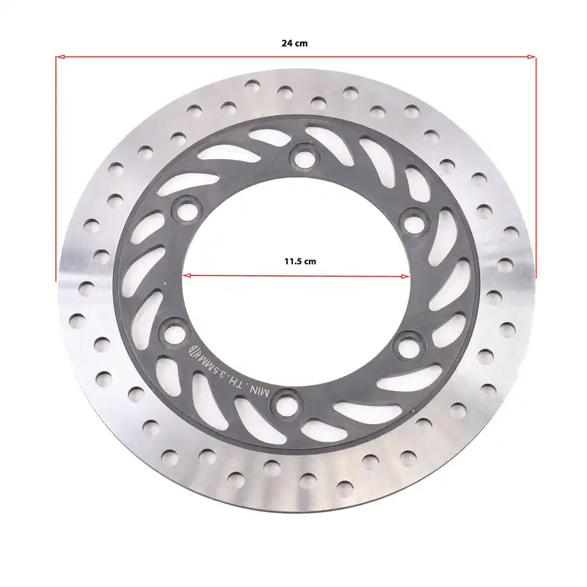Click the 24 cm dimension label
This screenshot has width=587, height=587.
(x=295, y=43)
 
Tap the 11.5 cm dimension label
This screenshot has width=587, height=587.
(x=300, y=261)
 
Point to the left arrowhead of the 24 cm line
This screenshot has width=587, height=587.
(x=60, y=57)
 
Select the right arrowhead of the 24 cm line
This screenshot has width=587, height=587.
(x=531, y=57)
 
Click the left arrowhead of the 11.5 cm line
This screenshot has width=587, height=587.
(x=187, y=276)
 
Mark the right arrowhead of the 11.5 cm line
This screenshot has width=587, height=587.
(x=406, y=277)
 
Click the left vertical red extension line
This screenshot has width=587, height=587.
(x=56, y=169)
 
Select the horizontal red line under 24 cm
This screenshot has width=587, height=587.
(x=296, y=57)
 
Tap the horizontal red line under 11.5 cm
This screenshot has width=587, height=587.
(x=296, y=277)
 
